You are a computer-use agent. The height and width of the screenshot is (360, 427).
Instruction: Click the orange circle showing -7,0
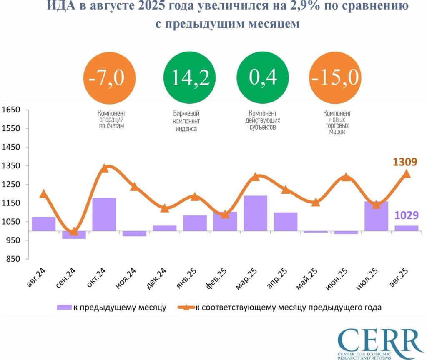pos(110,79)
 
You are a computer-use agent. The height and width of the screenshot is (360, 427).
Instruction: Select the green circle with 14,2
pos(186,79)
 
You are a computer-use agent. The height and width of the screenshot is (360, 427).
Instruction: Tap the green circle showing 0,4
pos(263,79)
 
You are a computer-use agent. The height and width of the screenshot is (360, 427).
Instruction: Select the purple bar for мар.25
pos(255,213)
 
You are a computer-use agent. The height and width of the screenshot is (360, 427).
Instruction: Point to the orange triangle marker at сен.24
pos(74,232)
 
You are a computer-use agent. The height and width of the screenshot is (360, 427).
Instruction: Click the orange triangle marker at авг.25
pos(407,174)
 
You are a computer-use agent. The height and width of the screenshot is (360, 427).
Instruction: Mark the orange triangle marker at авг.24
pos(43,193)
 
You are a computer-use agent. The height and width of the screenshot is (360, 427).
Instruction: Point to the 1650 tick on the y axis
pos(11,110)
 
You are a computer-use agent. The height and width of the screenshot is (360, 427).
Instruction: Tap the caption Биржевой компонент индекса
pos(186,121)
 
